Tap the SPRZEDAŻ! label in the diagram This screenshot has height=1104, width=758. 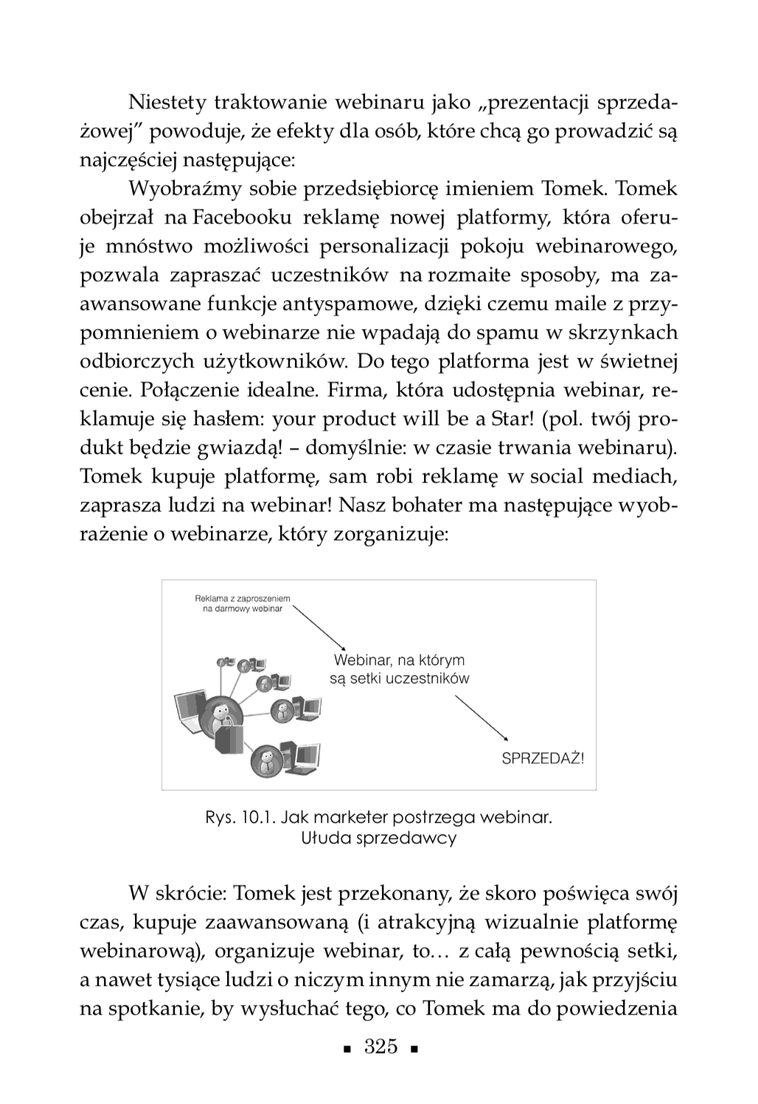[x=542, y=758]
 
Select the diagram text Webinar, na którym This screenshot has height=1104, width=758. [x=399, y=660]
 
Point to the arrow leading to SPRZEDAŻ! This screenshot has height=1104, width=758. [x=481, y=715]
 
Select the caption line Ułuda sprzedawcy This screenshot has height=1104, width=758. [x=379, y=838]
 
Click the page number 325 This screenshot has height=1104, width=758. [x=381, y=1047]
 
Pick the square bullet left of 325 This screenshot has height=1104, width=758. [x=346, y=1049]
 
